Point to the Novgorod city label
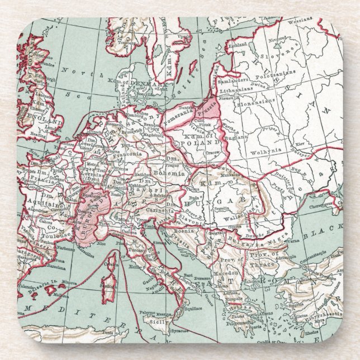point(278,41)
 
